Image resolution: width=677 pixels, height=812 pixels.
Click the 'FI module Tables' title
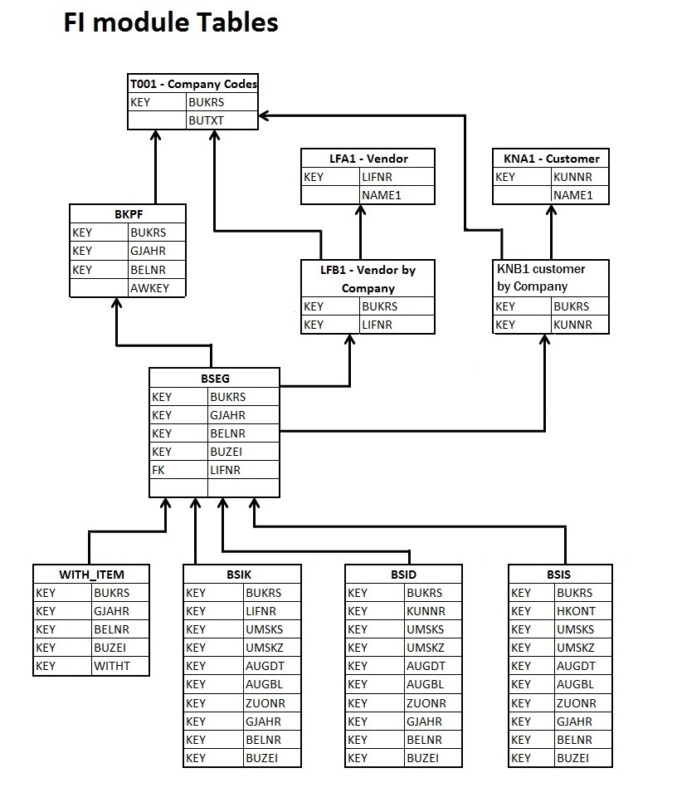[171, 22]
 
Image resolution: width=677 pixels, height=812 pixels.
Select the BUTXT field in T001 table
[206, 120]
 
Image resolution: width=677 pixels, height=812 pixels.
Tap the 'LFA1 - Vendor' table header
[368, 159]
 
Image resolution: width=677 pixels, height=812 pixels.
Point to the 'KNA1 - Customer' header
[551, 159]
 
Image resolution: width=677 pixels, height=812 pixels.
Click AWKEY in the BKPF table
[149, 288]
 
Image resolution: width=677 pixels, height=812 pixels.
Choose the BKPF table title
[129, 214]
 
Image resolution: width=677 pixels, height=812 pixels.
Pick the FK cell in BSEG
[158, 470]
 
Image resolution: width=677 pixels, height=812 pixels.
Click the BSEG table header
[215, 379]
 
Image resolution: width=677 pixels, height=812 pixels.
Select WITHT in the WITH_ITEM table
[112, 666]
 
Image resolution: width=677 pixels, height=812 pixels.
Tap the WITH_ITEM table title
[91, 575]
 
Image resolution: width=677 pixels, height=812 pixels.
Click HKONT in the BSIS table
[576, 611]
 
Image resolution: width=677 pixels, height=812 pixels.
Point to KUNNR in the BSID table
[426, 611]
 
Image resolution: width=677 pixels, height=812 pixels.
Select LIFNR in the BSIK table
[261, 611]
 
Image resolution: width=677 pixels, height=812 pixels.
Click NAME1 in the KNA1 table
[573, 195]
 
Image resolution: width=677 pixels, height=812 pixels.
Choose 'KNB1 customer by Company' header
[541, 277]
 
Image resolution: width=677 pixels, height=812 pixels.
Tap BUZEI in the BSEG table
[226, 452]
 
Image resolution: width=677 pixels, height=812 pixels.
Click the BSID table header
[404, 575]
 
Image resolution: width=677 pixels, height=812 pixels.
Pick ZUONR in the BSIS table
[577, 703]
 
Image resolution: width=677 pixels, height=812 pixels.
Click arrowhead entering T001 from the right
[264, 115]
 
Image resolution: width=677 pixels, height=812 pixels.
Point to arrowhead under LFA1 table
[360, 210]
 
